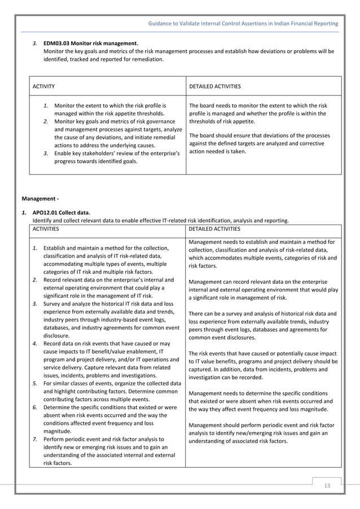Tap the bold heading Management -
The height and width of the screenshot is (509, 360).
[x=39, y=199]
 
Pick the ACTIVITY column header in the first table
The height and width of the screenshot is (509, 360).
[x=43, y=86]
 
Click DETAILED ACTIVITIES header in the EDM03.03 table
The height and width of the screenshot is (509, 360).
[x=215, y=86]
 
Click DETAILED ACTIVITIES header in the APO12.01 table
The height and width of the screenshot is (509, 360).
[x=214, y=229]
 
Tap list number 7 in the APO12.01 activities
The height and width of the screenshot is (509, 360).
[x=35, y=438]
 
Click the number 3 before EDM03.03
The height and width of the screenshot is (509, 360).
[x=35, y=43]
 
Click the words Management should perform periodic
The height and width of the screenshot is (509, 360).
[x=237, y=425]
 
